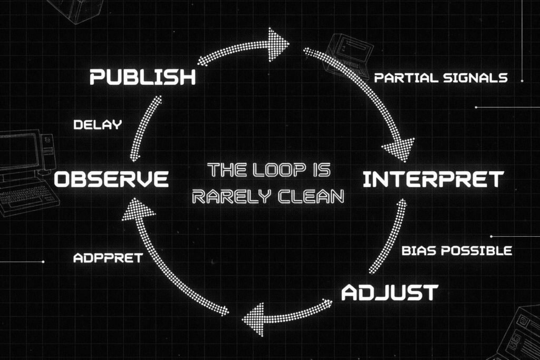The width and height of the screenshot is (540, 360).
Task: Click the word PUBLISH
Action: (x=142, y=77)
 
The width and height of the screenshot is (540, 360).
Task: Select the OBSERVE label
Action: (x=111, y=179)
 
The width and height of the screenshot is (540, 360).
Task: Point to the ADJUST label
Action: (x=389, y=293)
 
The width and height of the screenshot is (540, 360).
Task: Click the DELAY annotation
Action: (x=98, y=125)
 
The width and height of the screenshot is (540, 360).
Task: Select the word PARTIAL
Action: (x=406, y=78)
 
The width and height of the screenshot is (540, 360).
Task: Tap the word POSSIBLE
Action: (x=476, y=250)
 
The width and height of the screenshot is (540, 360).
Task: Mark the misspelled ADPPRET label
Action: (x=108, y=258)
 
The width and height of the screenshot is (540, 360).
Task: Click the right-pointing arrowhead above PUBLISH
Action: (x=277, y=42)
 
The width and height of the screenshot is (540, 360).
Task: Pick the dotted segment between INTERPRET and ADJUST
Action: (x=389, y=237)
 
